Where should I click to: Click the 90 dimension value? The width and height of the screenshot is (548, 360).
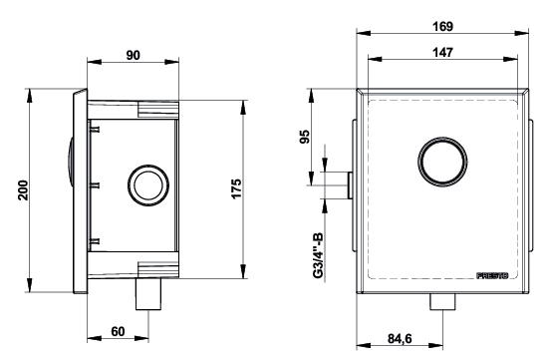click(x=133, y=55)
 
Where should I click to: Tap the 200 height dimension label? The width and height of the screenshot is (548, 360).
click(x=23, y=189)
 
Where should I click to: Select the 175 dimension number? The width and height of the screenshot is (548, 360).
click(x=236, y=188)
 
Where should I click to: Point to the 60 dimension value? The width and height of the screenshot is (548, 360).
click(x=118, y=331)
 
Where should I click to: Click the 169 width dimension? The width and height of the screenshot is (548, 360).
click(x=442, y=27)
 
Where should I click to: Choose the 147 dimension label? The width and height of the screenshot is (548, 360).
click(x=442, y=53)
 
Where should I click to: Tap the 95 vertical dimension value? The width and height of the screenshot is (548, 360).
click(x=305, y=137)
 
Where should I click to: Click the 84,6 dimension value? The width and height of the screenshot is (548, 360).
click(x=400, y=339)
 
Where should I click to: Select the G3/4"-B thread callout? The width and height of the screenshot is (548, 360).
click(x=318, y=255)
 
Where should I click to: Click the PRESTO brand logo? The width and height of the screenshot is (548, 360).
click(x=492, y=275)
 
